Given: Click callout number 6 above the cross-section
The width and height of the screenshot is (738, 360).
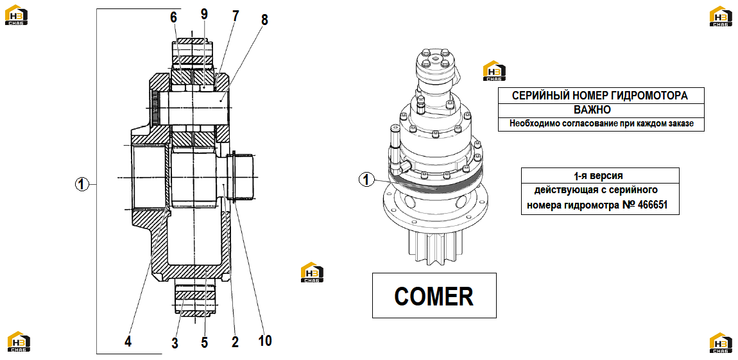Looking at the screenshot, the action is point(174,17).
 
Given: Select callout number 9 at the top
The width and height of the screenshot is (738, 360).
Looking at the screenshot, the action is point(204,14).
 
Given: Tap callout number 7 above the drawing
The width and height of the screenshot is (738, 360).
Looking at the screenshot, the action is point(235,17).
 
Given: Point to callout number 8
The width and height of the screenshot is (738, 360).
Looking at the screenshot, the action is point(264,20).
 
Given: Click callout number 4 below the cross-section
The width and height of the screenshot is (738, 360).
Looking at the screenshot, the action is point(128,341).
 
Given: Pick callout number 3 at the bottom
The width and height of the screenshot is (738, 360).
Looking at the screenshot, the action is point(175,343).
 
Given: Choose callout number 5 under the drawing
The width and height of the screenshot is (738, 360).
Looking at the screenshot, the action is point(204,342).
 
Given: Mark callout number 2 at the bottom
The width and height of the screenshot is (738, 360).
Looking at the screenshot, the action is point(235,341).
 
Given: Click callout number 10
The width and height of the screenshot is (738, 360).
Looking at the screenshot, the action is point(265,340).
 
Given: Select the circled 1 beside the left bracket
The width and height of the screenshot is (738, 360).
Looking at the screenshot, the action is point(82,184).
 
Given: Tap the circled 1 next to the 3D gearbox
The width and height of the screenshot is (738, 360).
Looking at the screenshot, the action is point(366,179).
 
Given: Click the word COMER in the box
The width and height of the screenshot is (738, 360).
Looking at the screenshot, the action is point(433,296).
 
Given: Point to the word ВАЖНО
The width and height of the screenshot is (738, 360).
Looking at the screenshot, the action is point(592,110).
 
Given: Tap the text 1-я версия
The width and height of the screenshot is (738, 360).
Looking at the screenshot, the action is point(599,176).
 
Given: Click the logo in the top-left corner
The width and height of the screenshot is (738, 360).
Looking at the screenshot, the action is point(16,15).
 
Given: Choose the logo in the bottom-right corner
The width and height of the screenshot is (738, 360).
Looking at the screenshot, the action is point(721,343).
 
